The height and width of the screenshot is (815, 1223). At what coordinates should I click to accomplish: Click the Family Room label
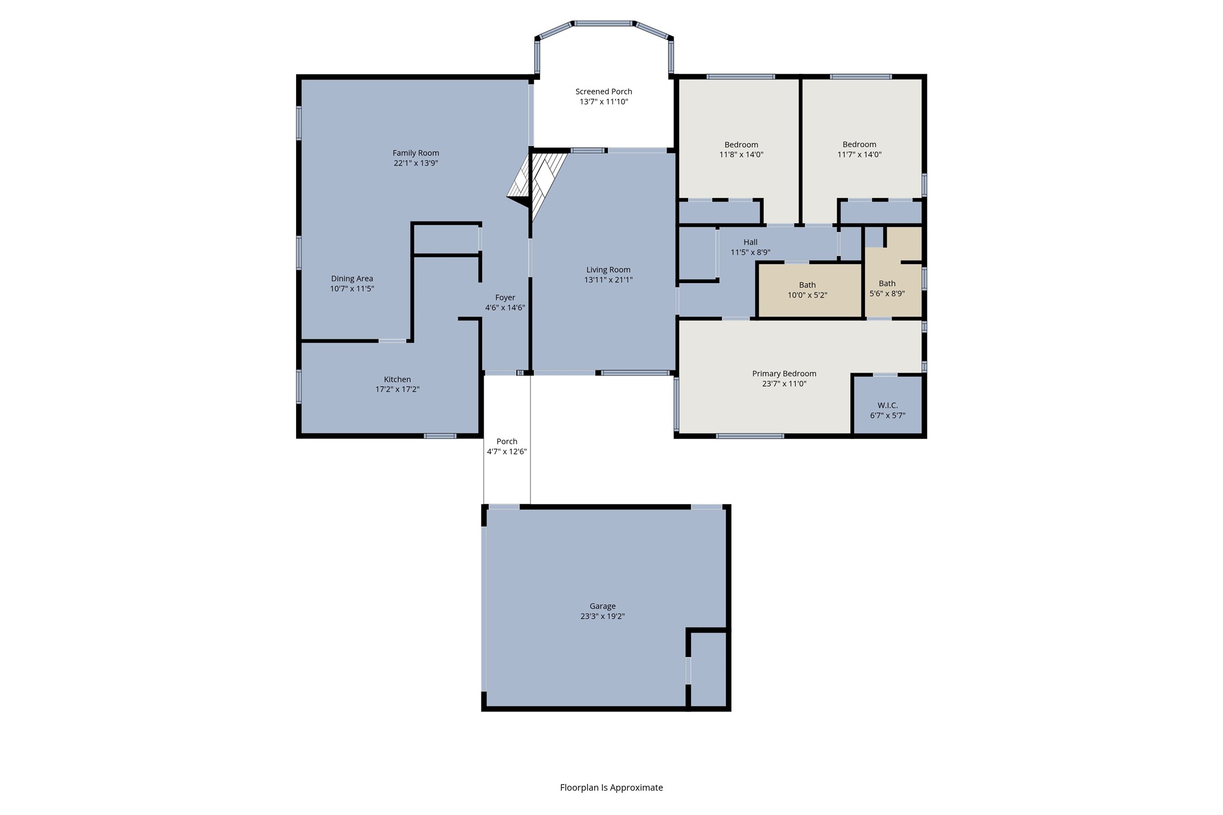[416, 153]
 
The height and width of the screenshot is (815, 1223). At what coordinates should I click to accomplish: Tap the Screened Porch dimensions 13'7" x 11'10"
[603, 102]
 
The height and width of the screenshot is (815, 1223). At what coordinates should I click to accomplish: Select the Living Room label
[608, 270]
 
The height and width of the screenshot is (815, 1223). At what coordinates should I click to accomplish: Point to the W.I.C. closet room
[887, 406]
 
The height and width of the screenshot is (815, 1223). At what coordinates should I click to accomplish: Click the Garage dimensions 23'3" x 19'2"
[602, 616]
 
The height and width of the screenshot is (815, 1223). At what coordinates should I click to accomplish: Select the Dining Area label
[352, 279]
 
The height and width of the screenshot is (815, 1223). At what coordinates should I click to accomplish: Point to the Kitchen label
[397, 379]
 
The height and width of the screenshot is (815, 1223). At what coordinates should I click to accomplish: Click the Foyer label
[505, 298]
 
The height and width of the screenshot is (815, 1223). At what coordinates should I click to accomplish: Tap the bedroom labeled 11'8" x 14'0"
[741, 149]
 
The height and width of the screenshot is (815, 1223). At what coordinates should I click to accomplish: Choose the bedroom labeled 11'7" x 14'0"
[859, 149]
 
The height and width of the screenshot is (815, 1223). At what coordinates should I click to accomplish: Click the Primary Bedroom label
[784, 374]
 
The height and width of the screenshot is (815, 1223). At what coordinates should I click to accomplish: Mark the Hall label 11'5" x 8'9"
[750, 247]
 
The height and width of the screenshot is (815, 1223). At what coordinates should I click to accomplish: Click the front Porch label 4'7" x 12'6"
[507, 446]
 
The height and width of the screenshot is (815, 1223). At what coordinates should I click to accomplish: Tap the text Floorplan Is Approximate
[611, 787]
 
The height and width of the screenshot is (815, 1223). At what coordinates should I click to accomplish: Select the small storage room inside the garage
[708, 669]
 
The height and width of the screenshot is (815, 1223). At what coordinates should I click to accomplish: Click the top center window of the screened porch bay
[603, 24]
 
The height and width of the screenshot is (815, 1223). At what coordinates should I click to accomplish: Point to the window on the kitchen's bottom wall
[440, 436]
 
